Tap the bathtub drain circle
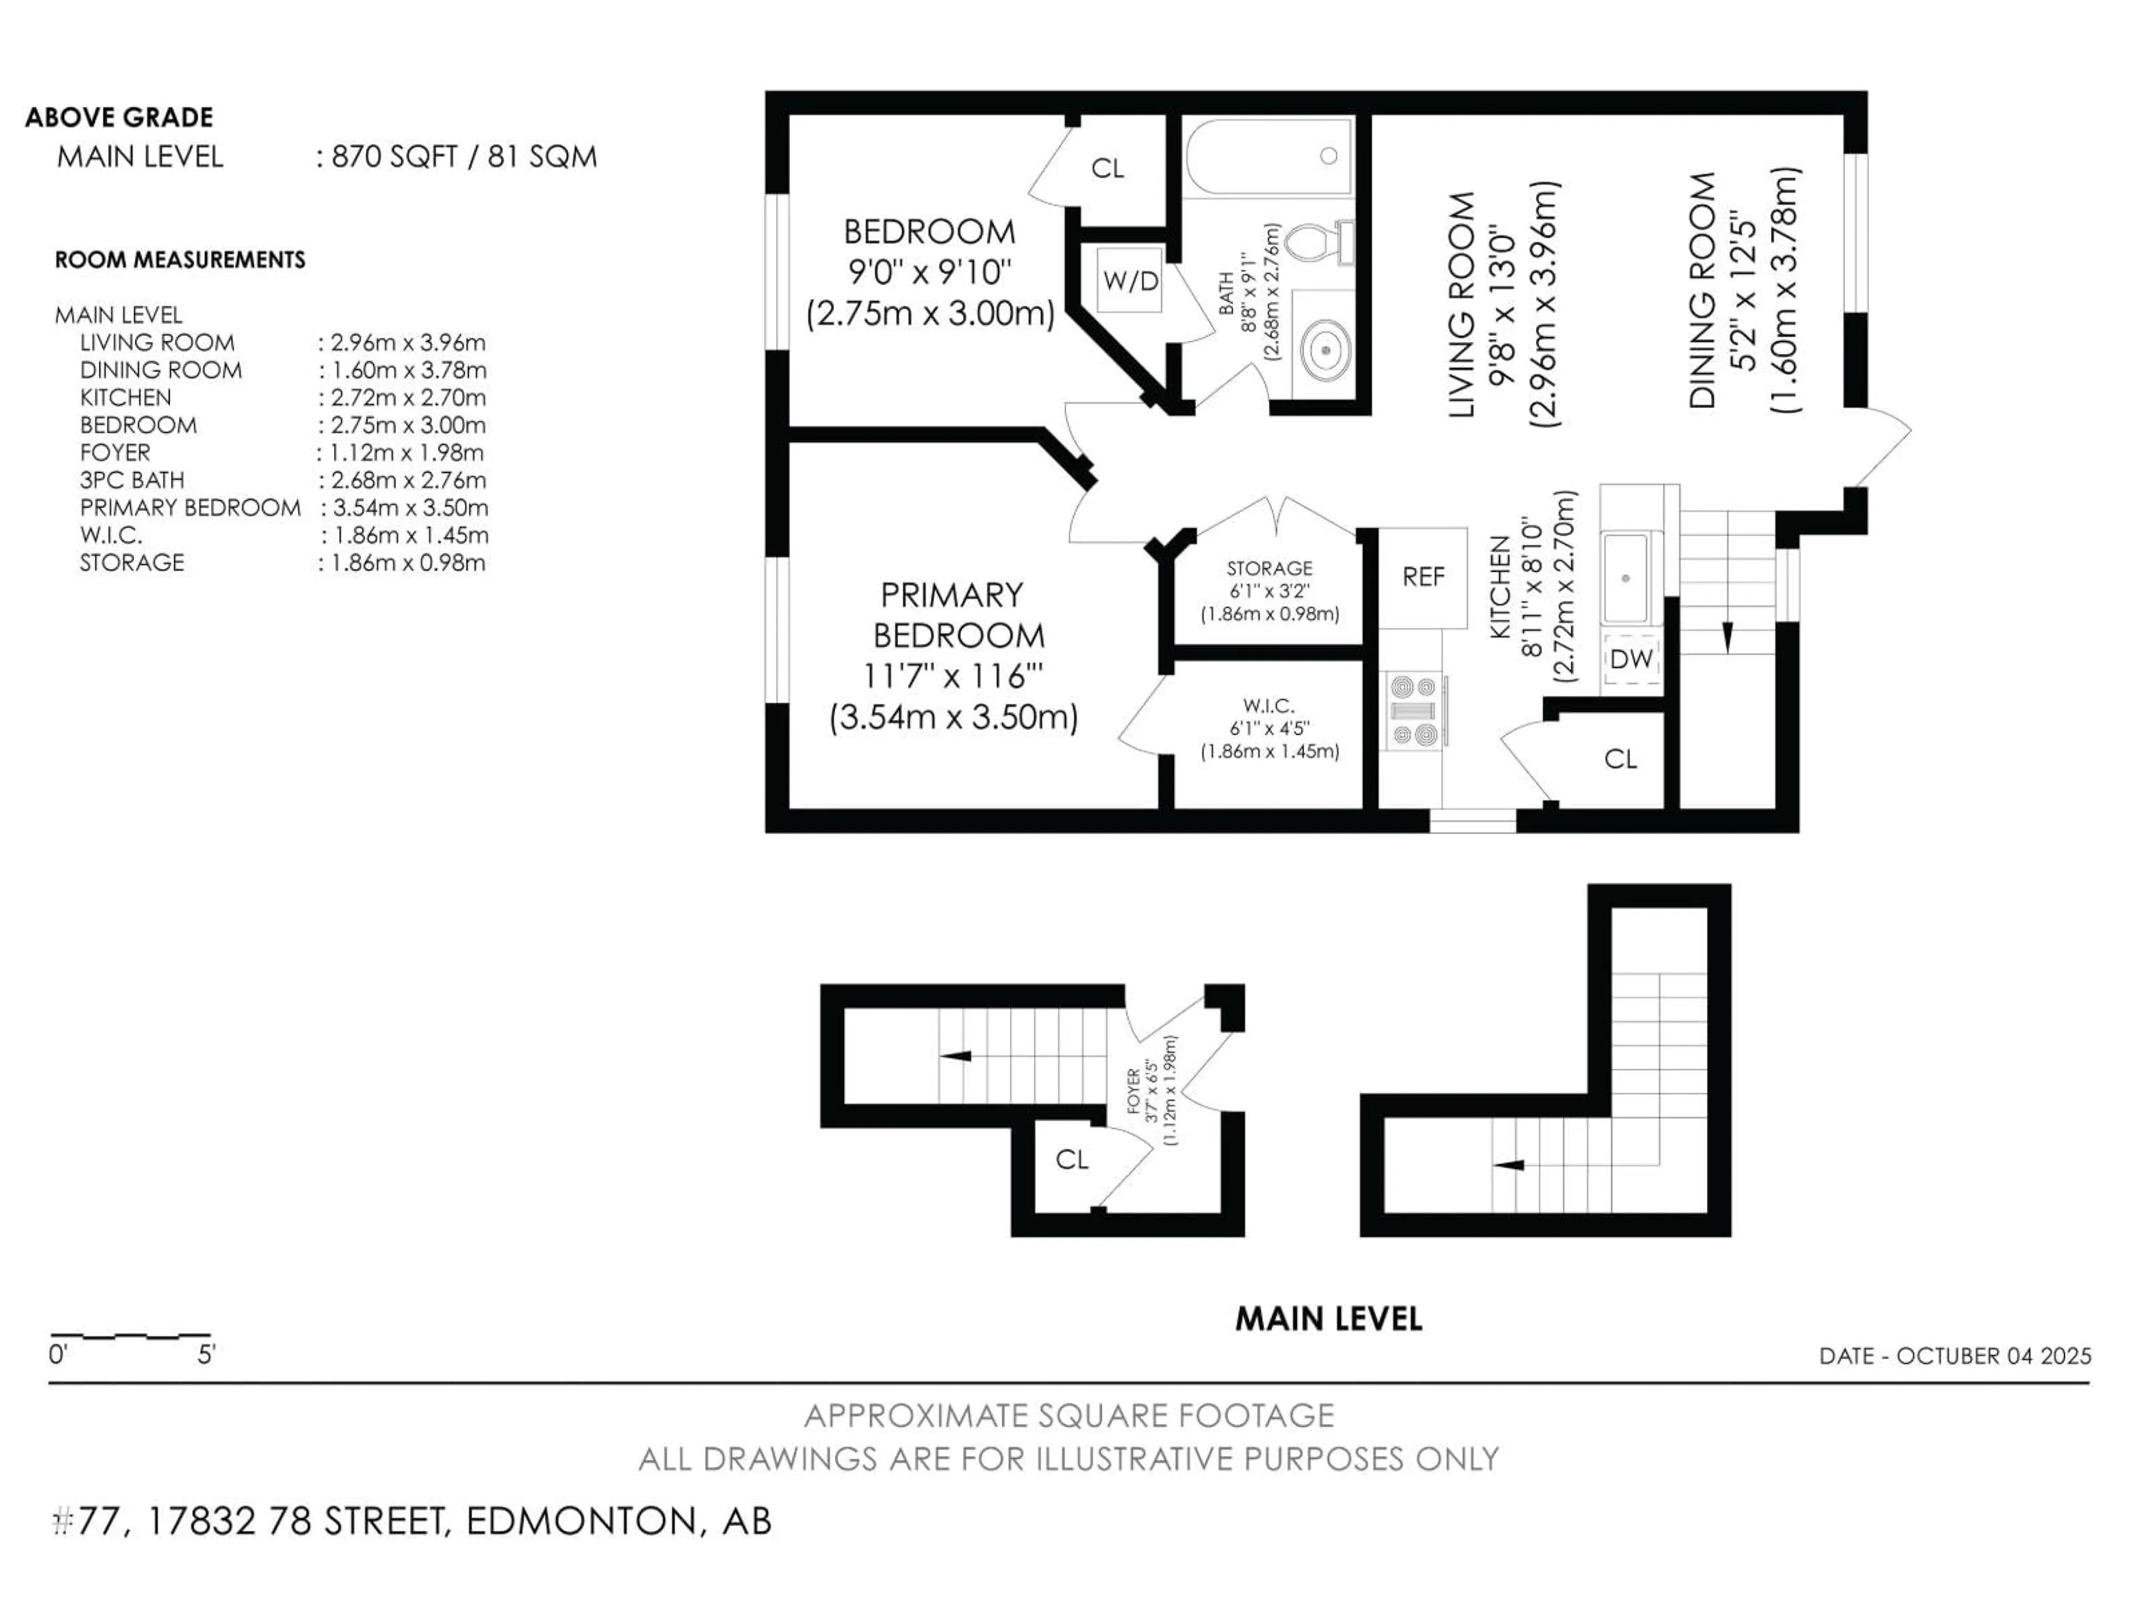[1328, 155]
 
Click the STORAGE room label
[1269, 568]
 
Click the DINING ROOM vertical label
[1702, 290]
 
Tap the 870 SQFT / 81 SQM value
[464, 156]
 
